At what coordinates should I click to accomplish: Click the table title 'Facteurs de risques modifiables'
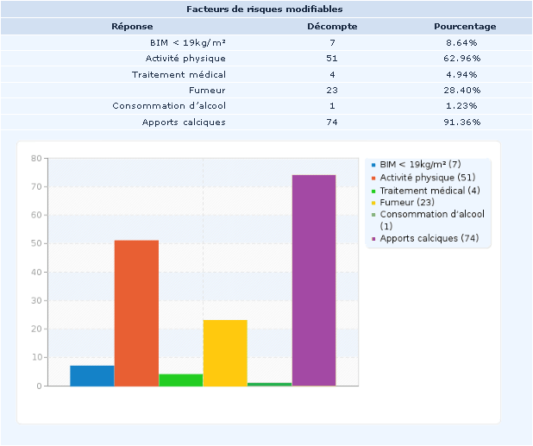(x=266, y=9)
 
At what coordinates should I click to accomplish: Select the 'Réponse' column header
(x=132, y=26)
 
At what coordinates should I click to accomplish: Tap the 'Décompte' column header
(x=332, y=26)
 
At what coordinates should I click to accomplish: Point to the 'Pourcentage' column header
(x=465, y=26)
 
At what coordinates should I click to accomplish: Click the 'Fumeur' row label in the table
(x=207, y=90)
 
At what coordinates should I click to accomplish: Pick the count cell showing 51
(x=332, y=58)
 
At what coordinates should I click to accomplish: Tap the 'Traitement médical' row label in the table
(x=179, y=74)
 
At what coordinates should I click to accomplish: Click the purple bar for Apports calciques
(x=314, y=280)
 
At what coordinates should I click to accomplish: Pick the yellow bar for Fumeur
(x=225, y=353)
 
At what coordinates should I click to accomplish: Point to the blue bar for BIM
(x=92, y=376)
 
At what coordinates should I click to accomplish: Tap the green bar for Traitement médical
(x=181, y=380)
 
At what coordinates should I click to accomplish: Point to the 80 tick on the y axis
(x=35, y=159)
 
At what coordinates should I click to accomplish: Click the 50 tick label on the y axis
(x=35, y=244)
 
